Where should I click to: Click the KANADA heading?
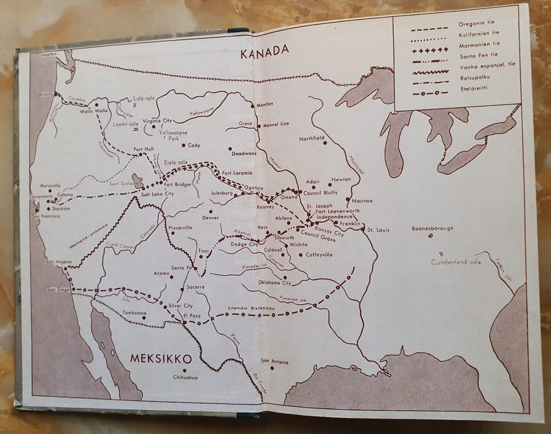point(265,51)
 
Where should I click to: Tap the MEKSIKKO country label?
point(161,358)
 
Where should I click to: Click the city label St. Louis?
point(379,230)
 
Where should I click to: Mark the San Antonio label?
point(275,361)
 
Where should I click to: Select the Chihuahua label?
point(185,377)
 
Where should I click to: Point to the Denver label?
point(211,218)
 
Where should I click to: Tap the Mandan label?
point(265,104)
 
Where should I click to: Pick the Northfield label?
point(312,138)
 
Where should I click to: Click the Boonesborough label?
point(432,228)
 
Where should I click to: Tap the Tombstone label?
point(135,313)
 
